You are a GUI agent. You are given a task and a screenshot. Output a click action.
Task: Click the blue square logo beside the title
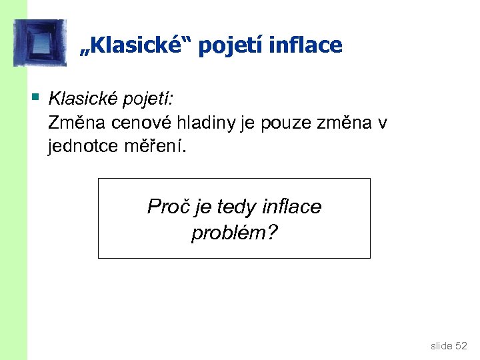[40, 43]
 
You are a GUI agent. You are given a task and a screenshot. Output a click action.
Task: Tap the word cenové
[139, 123]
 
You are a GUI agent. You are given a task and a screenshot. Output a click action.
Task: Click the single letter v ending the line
[382, 123]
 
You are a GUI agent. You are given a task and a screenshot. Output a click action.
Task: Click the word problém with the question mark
[234, 233]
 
